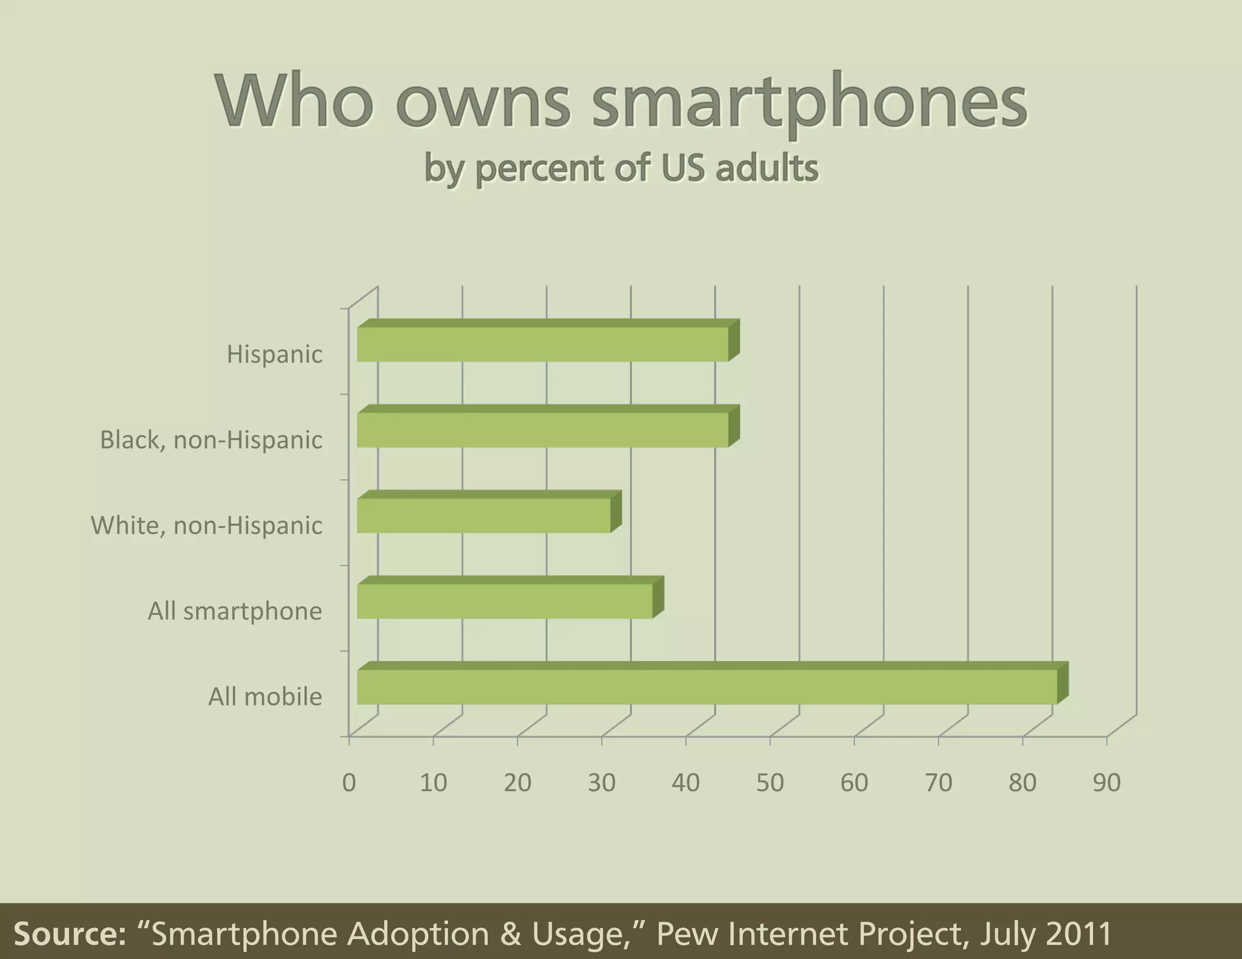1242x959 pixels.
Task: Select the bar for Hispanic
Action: (x=543, y=344)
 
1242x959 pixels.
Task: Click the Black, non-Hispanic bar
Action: (x=543, y=430)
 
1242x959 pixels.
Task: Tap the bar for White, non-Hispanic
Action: (x=484, y=515)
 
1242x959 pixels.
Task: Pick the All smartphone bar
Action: (x=505, y=601)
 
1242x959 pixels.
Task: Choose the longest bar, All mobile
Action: (x=707, y=687)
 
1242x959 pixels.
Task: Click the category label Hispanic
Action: (x=274, y=355)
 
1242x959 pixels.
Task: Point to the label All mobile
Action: (x=265, y=697)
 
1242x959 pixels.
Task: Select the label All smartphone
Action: (x=235, y=611)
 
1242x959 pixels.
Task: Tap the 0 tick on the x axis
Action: (x=349, y=783)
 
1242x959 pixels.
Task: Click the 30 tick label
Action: (x=602, y=783)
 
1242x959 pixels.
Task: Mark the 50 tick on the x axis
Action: (x=770, y=783)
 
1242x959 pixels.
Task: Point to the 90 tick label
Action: (x=1107, y=783)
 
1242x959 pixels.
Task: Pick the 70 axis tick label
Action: (x=938, y=783)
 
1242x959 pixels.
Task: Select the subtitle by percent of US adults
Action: (x=621, y=168)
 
